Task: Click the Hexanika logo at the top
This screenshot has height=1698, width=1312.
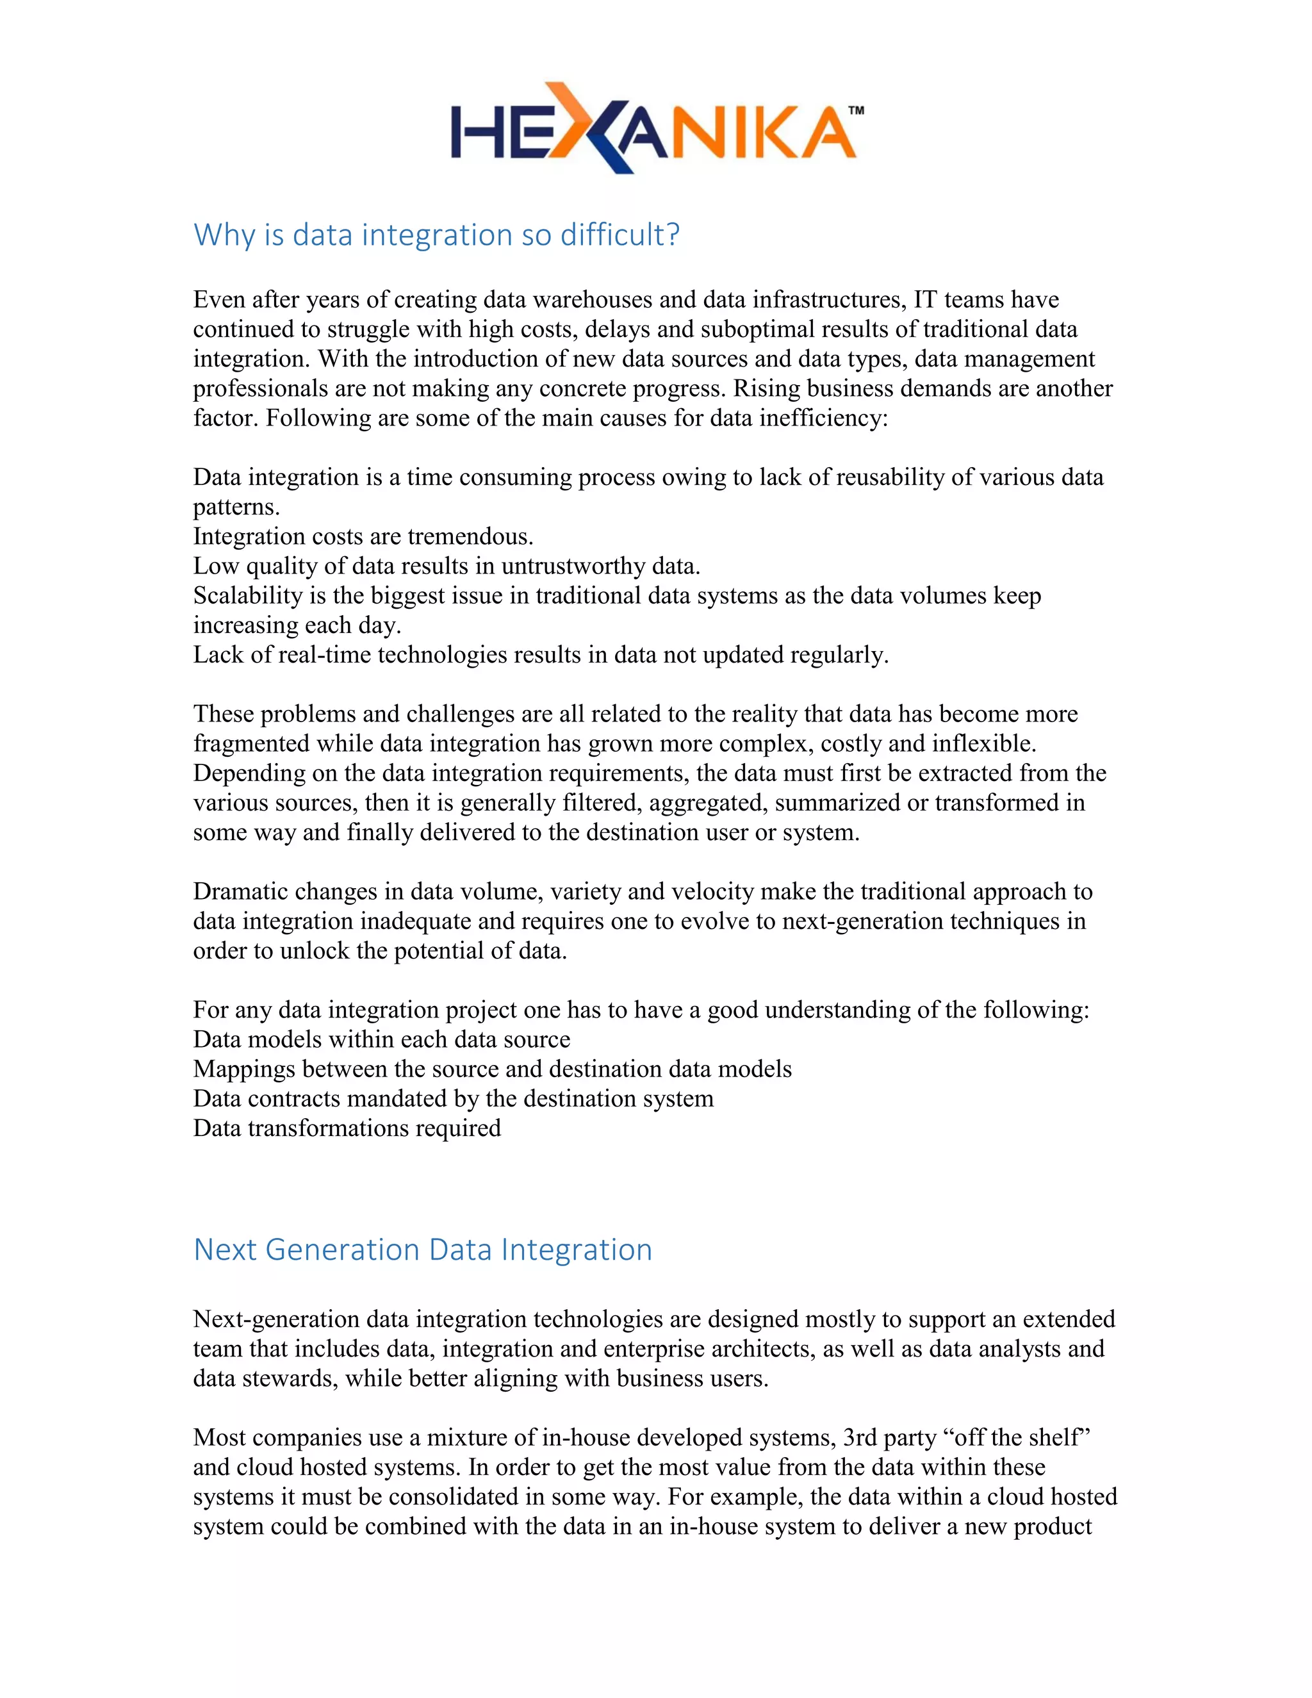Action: pos(653,129)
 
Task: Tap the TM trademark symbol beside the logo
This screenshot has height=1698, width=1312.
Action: pos(855,111)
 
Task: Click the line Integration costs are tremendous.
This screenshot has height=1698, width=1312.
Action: pos(363,536)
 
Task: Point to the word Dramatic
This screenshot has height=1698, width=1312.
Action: pos(240,891)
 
